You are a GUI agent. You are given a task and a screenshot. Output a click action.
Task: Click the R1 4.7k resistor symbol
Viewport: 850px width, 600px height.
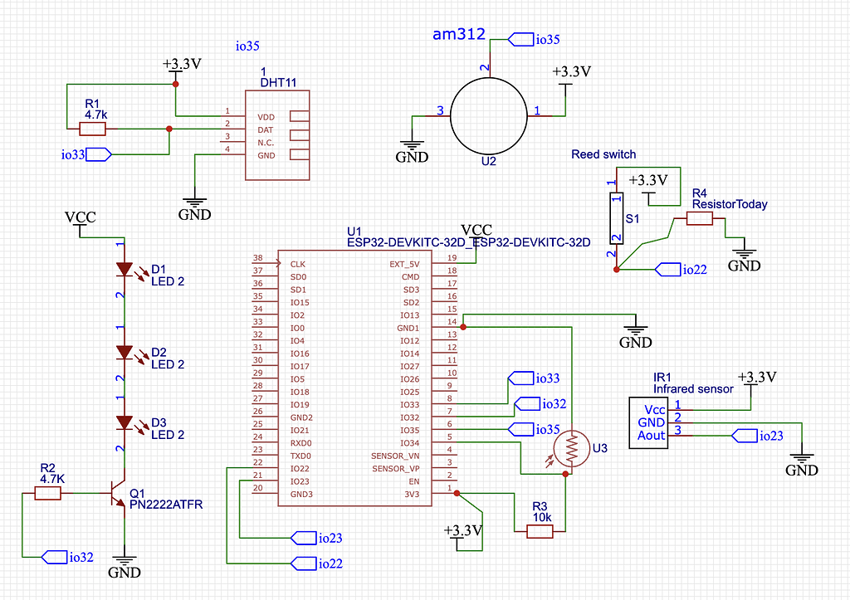92,129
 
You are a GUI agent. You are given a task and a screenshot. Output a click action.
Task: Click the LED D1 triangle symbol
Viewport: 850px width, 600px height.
125,270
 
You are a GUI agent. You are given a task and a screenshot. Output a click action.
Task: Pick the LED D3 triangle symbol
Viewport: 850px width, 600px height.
125,422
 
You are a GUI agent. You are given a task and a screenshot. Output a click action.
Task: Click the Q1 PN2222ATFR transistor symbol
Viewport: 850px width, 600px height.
119,493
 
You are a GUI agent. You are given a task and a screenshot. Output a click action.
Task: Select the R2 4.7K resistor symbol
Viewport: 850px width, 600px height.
48,493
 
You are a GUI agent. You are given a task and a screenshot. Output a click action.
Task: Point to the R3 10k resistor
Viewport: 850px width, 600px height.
540,531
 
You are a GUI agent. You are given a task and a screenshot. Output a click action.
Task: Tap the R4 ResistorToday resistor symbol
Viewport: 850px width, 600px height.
700,218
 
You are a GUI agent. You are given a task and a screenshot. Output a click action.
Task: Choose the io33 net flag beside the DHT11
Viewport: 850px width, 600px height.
87,154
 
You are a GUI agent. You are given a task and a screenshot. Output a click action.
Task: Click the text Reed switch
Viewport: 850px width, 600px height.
603,154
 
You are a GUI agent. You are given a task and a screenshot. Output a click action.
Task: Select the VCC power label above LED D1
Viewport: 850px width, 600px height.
80,217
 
